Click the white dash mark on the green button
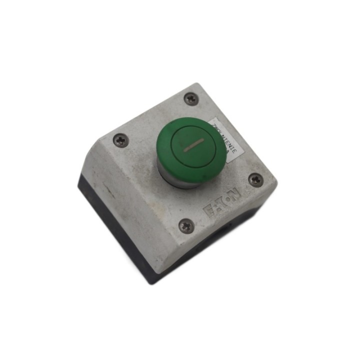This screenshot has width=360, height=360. pos(192,145)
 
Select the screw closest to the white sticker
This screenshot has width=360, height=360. pos(191,99)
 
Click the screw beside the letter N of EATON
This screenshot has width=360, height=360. pos(255,180)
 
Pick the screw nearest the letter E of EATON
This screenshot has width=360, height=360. pos(185,225)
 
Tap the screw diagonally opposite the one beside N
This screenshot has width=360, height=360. pos(120,140)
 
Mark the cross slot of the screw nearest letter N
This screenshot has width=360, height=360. pos(255,180)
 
